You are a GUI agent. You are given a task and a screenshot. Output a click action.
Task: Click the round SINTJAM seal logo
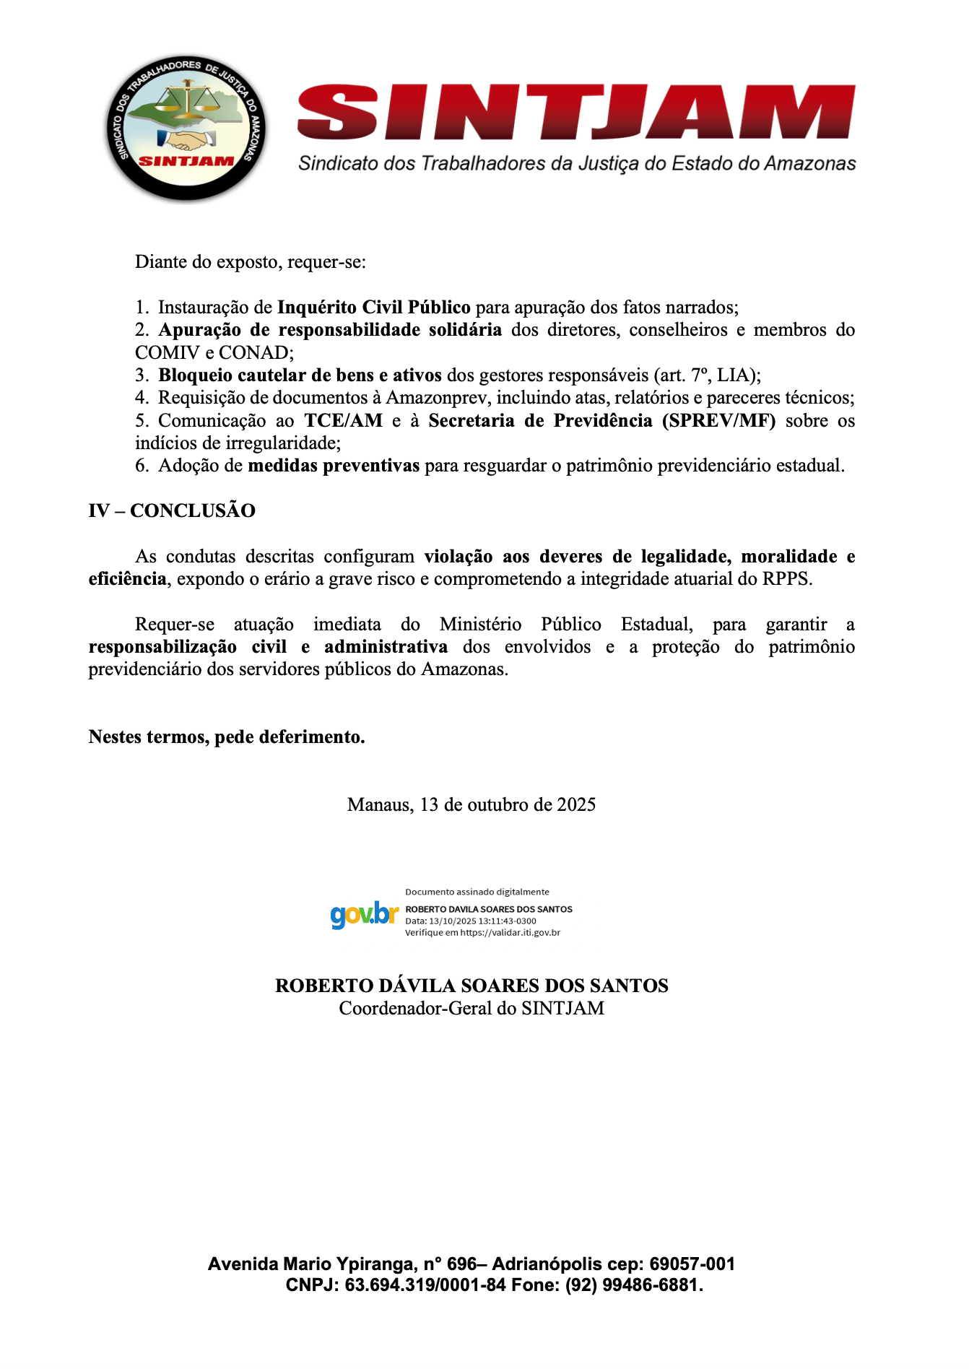coord(186,128)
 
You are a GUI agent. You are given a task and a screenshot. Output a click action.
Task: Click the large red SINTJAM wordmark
coord(576,113)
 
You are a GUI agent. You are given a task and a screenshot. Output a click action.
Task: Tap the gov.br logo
coord(365,915)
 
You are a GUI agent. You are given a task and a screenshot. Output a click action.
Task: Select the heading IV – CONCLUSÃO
coord(172,510)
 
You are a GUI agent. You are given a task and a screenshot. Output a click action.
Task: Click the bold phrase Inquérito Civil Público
coord(373,308)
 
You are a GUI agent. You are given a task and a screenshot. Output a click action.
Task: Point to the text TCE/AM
coord(343,420)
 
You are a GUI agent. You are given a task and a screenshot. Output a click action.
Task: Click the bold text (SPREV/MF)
coord(718,420)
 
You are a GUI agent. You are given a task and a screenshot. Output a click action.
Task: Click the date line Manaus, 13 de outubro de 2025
coord(472,804)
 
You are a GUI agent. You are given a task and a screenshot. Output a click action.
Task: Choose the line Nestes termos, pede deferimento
coord(227,736)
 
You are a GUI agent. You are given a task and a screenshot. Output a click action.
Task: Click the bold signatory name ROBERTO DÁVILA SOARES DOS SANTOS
coord(472,986)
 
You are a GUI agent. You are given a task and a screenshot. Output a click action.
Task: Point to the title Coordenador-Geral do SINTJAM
coord(472,1008)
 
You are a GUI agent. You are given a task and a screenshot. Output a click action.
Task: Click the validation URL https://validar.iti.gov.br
coord(510,932)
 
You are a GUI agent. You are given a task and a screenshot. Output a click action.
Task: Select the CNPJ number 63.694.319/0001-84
coord(425,1285)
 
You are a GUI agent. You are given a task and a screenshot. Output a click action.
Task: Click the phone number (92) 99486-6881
coord(633,1285)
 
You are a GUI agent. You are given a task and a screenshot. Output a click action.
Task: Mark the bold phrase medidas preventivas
coord(334,466)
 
